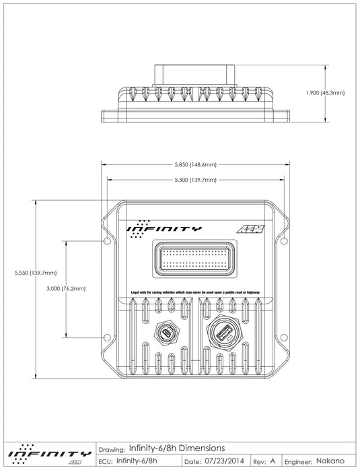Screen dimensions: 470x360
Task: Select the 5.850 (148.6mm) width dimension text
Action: pyautogui.click(x=195, y=164)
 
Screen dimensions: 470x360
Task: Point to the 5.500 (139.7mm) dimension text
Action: pyautogui.click(x=195, y=180)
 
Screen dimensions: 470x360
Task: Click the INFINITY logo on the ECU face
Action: pyautogui.click(x=164, y=228)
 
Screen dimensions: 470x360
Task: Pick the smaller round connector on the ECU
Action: pyautogui.click(x=166, y=333)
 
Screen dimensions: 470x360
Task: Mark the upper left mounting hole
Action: pyautogui.click(x=104, y=240)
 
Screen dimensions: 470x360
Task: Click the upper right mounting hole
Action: pyautogui.click(x=285, y=240)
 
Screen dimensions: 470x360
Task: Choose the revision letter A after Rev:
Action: pyautogui.click(x=273, y=461)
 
